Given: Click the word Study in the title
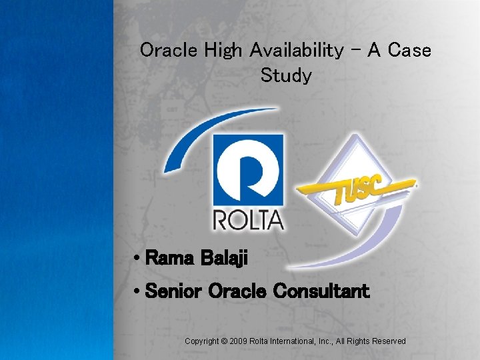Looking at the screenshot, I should tap(286, 75).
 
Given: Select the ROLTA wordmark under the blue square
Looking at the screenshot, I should tap(248, 219).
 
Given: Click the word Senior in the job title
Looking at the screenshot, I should tap(174, 291).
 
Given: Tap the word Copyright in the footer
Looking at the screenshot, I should tap(203, 341).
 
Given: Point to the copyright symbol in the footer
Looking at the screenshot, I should tap(226, 341).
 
